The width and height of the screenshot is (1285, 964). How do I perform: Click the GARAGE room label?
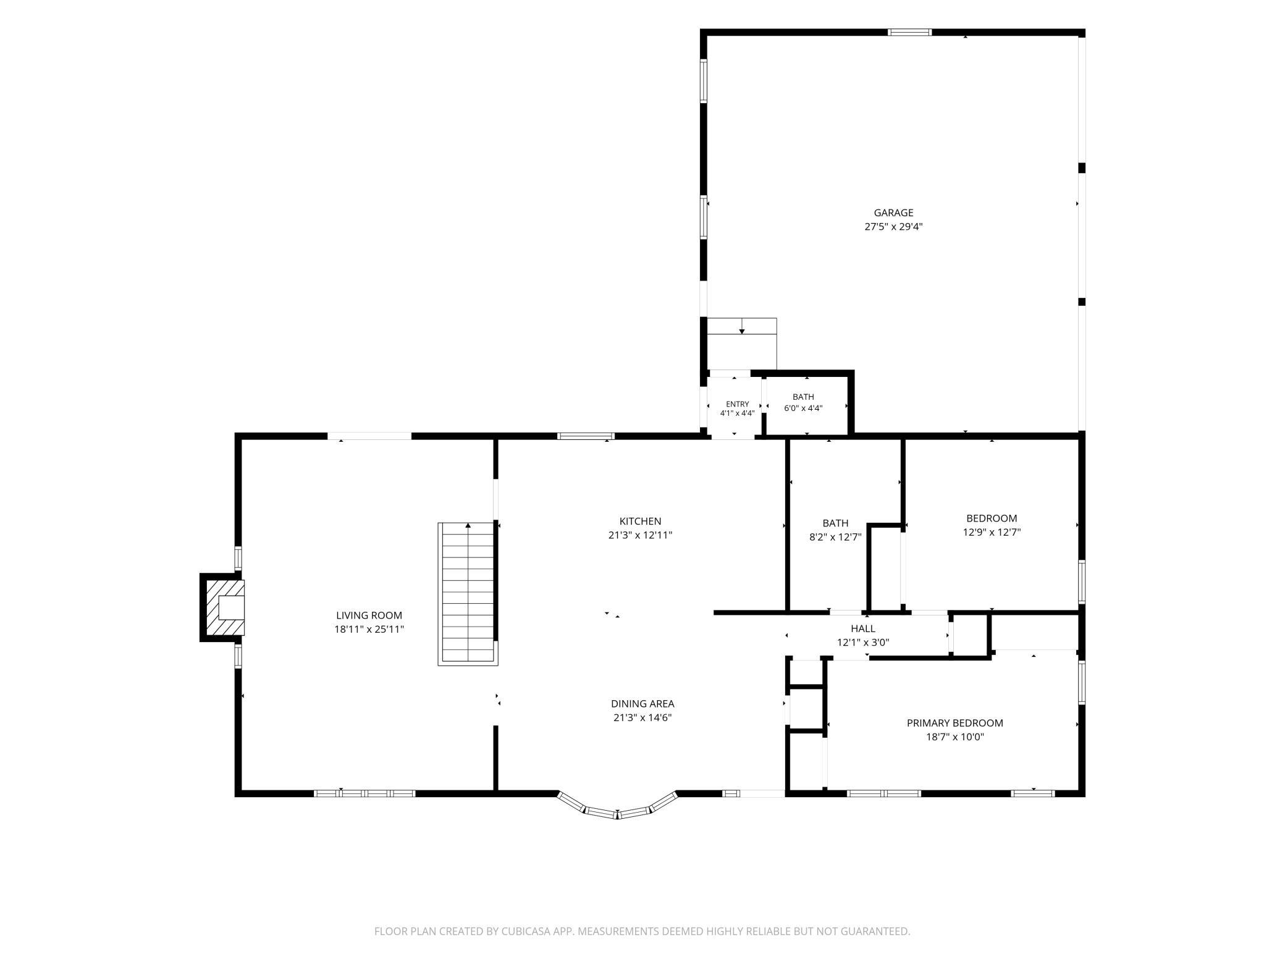click(893, 213)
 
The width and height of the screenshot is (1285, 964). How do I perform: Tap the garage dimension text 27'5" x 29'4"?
click(893, 227)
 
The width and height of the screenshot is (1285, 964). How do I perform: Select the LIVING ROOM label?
click(369, 615)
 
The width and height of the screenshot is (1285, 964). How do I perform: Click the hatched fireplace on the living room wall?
click(222, 607)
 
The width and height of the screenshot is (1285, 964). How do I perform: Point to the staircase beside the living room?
click(468, 594)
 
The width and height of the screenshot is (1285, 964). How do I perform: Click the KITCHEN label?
click(640, 522)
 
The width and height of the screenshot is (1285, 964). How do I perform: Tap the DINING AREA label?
click(642, 704)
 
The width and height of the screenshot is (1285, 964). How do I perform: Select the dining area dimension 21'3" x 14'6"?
click(642, 717)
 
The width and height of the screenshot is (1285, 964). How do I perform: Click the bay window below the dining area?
click(617, 806)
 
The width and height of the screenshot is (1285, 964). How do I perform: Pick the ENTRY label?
click(737, 404)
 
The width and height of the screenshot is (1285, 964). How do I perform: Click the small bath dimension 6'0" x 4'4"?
click(803, 408)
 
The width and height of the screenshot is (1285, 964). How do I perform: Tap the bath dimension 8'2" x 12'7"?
click(835, 537)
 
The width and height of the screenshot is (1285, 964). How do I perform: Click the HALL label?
click(862, 628)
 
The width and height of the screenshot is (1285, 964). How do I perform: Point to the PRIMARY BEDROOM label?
click(954, 723)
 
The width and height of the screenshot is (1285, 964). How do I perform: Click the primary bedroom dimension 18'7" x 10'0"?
click(954, 737)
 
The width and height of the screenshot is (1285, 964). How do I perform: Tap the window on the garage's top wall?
click(909, 32)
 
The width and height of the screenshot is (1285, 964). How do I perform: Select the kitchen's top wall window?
click(586, 436)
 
